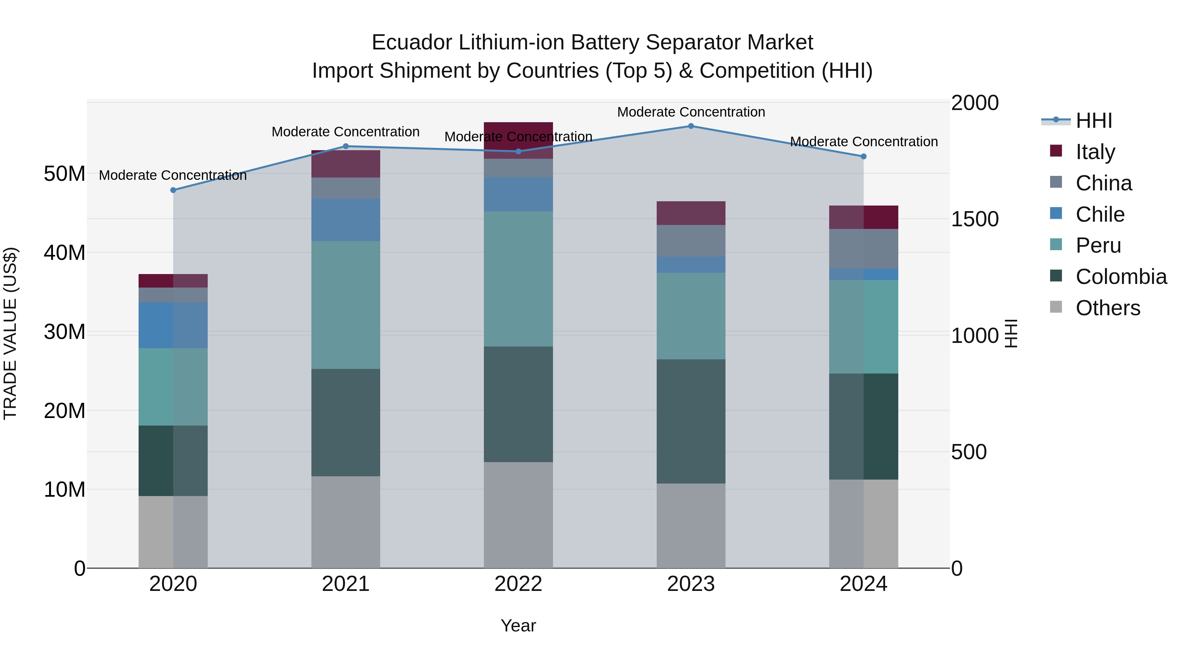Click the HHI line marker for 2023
[x=691, y=126]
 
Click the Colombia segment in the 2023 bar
[x=691, y=421]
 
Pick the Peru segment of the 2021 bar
[x=346, y=305]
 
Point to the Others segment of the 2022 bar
[x=518, y=514]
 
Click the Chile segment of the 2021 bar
[x=346, y=220]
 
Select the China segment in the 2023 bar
[x=691, y=241]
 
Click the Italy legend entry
[x=1095, y=152]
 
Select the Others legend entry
[x=1107, y=308]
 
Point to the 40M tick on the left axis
[x=65, y=253]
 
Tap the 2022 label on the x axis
[x=518, y=584]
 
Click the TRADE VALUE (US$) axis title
[x=10, y=333]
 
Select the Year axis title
[x=518, y=625]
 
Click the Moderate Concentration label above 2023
[x=691, y=112]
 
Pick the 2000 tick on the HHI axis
[x=974, y=103]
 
